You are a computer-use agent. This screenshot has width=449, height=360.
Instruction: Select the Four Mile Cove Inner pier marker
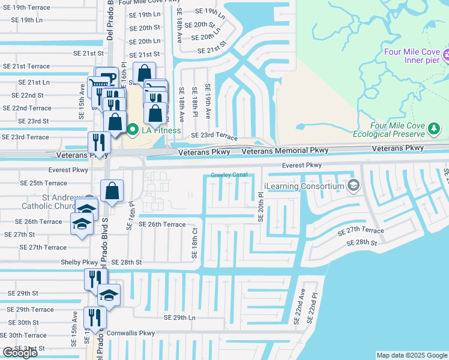[x=446, y=56]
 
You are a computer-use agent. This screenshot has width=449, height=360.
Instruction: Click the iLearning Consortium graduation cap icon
[x=354, y=186]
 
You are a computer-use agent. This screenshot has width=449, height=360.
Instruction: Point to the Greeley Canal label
[x=229, y=175]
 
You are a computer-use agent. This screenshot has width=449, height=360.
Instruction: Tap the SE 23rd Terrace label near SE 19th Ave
[x=214, y=136]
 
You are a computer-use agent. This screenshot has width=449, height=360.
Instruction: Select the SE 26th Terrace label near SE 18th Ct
[x=162, y=224]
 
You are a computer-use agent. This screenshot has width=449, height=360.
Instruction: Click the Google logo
[x=20, y=353]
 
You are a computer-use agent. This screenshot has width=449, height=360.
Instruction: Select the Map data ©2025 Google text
[x=411, y=355]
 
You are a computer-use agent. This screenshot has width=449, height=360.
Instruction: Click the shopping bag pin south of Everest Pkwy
[x=112, y=191]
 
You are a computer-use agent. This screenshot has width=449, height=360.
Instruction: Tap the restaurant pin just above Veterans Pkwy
[x=99, y=143]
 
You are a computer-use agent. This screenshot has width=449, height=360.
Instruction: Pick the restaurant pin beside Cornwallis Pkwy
[x=94, y=317]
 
